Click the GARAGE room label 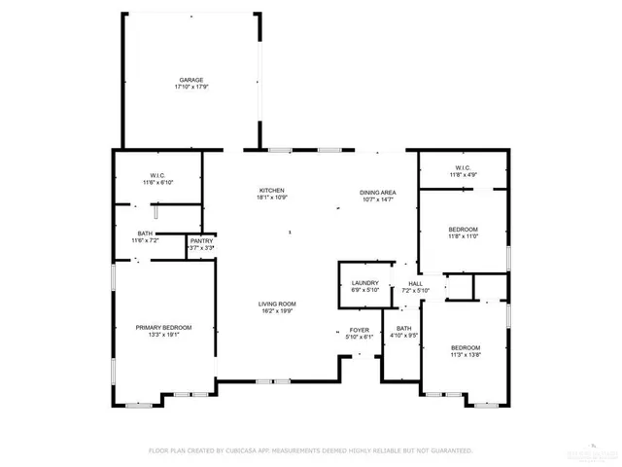tap(190, 80)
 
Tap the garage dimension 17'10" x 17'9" tap(190, 87)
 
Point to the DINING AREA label tap(376, 193)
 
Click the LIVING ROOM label tap(277, 305)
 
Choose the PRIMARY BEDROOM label tap(163, 328)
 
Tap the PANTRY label tap(201, 240)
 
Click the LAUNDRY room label tap(364, 283)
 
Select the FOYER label tap(359, 330)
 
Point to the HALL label tap(414, 283)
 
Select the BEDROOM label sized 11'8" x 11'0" tap(463, 229)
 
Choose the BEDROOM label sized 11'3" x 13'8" tap(466, 347)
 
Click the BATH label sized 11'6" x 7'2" tap(145, 233)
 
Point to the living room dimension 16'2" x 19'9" tap(277, 311)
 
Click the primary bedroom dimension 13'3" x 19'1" tap(163, 335)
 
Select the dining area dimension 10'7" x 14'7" tap(376, 199)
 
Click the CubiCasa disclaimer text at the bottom tap(310, 450)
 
